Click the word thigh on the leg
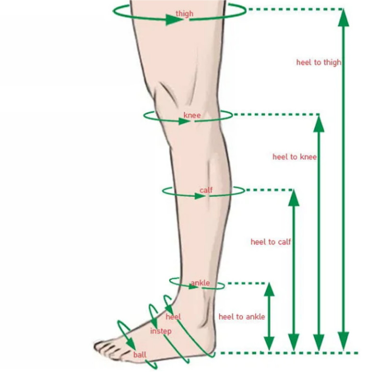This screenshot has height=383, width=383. coord(184,14)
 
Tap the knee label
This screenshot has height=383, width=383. coord(192,115)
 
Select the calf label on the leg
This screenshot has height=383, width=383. coord(206,190)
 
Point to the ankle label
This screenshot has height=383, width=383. coord(200,283)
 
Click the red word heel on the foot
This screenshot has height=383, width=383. coord(173,317)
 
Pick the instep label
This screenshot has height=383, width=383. coord(161,331)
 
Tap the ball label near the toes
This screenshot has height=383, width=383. coord(140,355)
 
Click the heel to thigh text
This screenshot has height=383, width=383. coord(319,63)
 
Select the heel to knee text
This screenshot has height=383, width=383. coord(294,157)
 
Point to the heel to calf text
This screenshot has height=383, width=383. coord(271,242)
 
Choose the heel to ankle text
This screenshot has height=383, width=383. coord(242,317)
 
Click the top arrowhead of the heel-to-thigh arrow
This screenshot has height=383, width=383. coord(343,18)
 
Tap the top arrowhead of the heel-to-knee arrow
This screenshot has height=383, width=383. coord(319,124)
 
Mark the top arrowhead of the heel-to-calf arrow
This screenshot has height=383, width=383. coord(293,198)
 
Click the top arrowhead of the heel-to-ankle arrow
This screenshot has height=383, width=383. coord(269,290)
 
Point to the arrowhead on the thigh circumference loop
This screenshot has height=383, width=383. coord(174,20)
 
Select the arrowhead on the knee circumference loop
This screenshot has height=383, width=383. coord(184,121)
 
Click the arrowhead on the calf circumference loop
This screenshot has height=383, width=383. coord(200,196)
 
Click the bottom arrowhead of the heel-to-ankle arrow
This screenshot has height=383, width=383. coord(269,343)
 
